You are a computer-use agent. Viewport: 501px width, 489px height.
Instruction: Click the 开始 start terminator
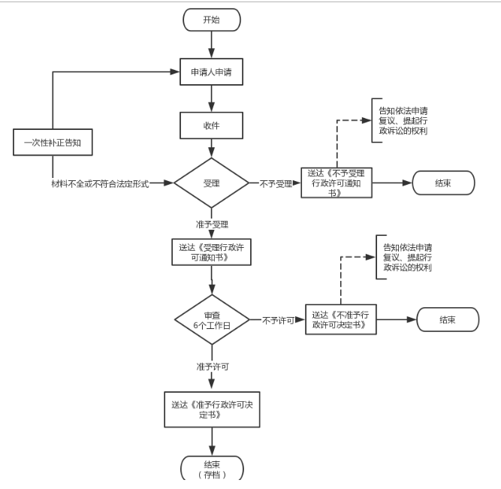tap(212, 20)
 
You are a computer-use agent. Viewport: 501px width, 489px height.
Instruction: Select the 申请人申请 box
tap(212, 73)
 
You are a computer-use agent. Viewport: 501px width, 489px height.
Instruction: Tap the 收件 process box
tap(212, 126)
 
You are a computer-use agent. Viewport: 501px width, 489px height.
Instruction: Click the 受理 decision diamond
tap(212, 183)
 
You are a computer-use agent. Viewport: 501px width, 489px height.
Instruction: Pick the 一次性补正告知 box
tap(52, 143)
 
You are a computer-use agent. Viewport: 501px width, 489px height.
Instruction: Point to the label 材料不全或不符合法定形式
tap(99, 183)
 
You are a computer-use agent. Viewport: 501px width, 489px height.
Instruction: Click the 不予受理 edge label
tap(276, 183)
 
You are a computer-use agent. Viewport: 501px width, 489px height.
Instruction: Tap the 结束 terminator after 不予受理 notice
tap(442, 183)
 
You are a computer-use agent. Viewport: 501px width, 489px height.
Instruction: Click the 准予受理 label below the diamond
tap(211, 224)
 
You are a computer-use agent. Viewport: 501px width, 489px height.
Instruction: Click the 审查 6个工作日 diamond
tap(212, 319)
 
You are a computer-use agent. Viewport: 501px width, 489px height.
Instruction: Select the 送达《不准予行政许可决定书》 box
tap(340, 319)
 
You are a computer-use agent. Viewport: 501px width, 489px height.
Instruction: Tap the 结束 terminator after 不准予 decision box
tap(448, 319)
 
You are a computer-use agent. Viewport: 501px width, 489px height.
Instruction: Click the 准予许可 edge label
tap(211, 366)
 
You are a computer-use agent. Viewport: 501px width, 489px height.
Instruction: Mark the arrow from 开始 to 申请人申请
tap(212, 44)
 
